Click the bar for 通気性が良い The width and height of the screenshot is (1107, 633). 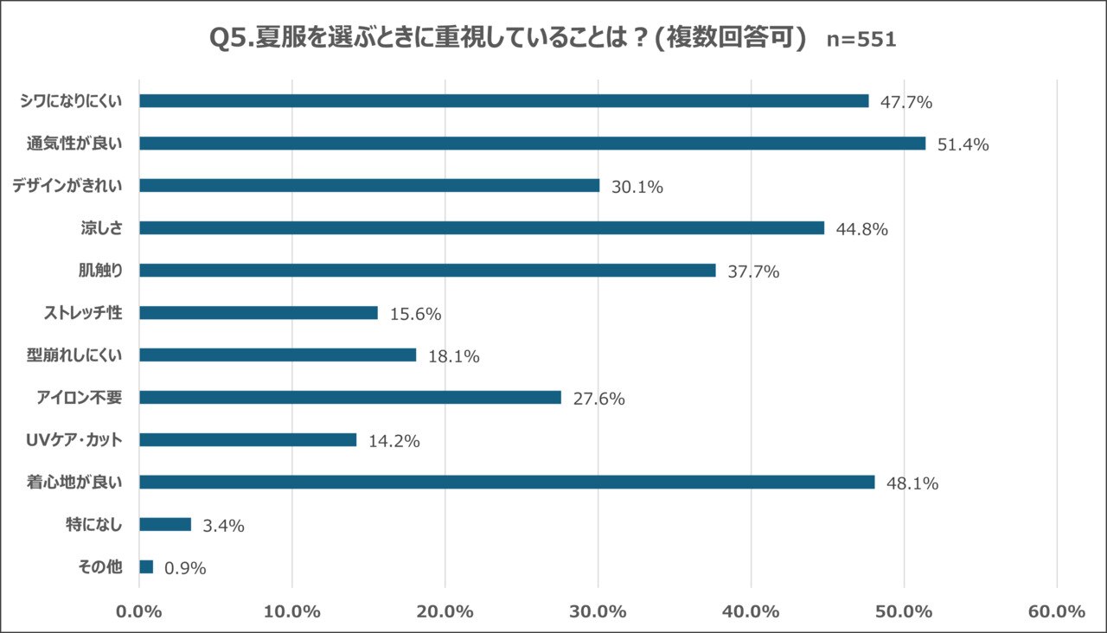(532, 144)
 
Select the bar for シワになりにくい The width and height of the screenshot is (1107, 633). (503, 101)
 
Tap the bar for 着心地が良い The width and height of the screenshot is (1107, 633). (507, 482)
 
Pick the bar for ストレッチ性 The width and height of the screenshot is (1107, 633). (259, 313)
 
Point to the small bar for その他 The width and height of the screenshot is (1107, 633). (146, 566)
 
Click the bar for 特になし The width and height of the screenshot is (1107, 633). (165, 524)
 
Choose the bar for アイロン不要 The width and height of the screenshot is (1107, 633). (350, 398)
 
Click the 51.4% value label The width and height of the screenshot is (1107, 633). (963, 144)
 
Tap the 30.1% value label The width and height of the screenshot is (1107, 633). (637, 187)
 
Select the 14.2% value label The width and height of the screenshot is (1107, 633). (394, 441)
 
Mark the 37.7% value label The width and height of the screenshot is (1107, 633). (753, 272)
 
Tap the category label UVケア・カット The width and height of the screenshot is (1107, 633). (74, 440)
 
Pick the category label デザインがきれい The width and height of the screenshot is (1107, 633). (68, 186)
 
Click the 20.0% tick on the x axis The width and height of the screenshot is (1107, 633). (445, 611)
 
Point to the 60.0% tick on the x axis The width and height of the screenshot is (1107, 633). (1057, 611)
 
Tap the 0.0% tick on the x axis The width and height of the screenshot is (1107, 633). (139, 611)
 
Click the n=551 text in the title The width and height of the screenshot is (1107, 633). (861, 40)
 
